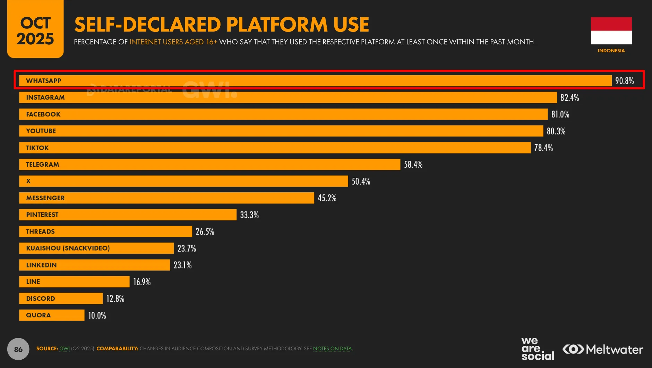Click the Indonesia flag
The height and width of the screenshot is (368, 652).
click(x=611, y=30)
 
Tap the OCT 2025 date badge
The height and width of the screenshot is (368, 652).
click(x=35, y=29)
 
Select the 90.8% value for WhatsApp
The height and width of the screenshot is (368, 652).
click(x=624, y=81)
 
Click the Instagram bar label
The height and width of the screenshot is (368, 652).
click(x=45, y=97)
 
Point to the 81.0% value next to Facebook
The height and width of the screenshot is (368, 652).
click(x=560, y=114)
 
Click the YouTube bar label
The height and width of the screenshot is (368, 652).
click(x=41, y=131)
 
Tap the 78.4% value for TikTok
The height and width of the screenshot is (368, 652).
click(x=543, y=148)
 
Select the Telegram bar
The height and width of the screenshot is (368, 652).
click(x=210, y=165)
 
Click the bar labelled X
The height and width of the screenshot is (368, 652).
click(x=183, y=181)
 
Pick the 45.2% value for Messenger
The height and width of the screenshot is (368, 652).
click(x=327, y=198)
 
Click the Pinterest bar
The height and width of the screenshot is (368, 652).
click(x=128, y=215)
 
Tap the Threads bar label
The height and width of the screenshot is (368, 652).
click(x=40, y=231)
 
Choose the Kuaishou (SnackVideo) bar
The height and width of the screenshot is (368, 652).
click(x=96, y=248)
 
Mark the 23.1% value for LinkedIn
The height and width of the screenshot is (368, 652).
click(x=182, y=265)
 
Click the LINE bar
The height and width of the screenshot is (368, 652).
click(x=74, y=282)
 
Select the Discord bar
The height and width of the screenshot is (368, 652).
click(x=61, y=298)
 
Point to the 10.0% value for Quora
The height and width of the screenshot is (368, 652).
click(x=97, y=315)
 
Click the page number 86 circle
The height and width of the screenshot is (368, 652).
click(x=18, y=349)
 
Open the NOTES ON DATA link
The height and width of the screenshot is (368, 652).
click(x=332, y=349)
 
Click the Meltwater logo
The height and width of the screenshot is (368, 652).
click(x=602, y=349)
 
